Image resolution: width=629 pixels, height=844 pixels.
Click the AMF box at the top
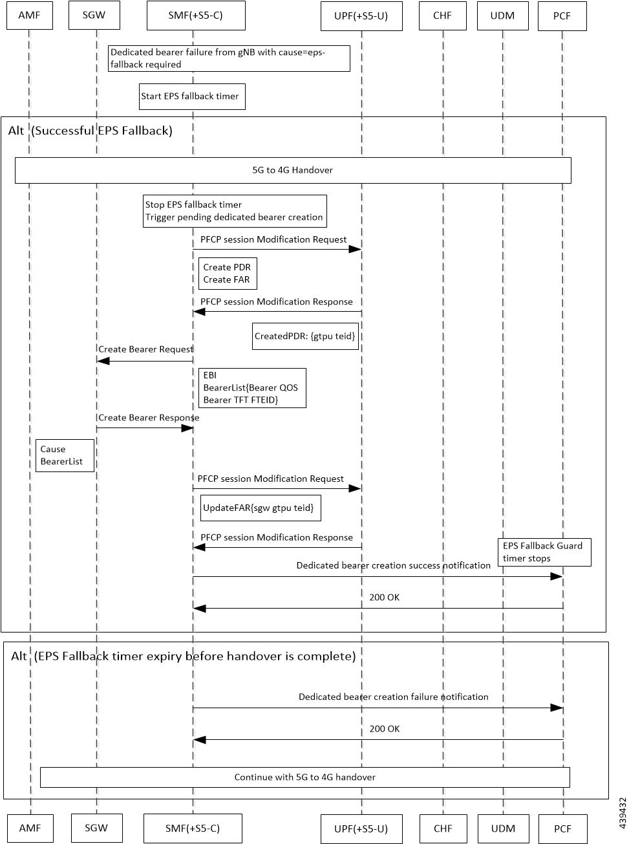29,16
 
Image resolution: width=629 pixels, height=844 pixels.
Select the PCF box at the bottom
562,828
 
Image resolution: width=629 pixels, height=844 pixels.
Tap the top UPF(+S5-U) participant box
361,16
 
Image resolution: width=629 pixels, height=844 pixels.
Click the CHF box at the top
442,16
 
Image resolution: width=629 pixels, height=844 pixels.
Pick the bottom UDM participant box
503,828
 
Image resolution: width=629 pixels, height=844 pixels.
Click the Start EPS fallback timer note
192,96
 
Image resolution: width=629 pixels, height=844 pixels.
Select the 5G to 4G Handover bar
293,170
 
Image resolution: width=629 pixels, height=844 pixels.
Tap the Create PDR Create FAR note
228,274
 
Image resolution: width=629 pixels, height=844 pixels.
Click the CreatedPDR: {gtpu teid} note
306,336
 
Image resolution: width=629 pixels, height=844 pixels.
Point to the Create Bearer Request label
146,349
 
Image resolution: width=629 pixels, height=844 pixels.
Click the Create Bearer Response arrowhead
187,428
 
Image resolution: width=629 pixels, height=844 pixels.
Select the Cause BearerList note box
64,455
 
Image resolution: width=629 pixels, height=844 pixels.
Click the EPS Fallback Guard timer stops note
544,552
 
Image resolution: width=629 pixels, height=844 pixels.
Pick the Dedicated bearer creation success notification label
393,565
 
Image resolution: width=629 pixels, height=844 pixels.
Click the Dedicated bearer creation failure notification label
393,697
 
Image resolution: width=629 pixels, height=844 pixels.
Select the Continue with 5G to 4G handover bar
304,777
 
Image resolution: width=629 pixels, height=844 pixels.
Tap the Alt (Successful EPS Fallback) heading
91,131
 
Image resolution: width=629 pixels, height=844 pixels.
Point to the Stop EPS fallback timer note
235,211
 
